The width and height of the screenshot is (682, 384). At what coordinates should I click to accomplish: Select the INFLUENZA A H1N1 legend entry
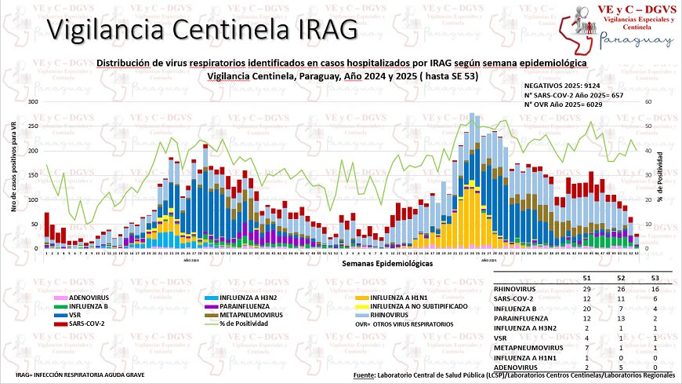pos(399,298)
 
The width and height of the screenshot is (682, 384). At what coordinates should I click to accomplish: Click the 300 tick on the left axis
pos(31,102)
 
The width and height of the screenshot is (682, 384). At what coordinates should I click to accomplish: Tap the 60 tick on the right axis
pos(648,102)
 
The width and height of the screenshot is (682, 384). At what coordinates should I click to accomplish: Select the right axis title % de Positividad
pos(661,176)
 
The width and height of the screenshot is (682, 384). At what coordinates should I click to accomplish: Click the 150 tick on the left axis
pos(31,175)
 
